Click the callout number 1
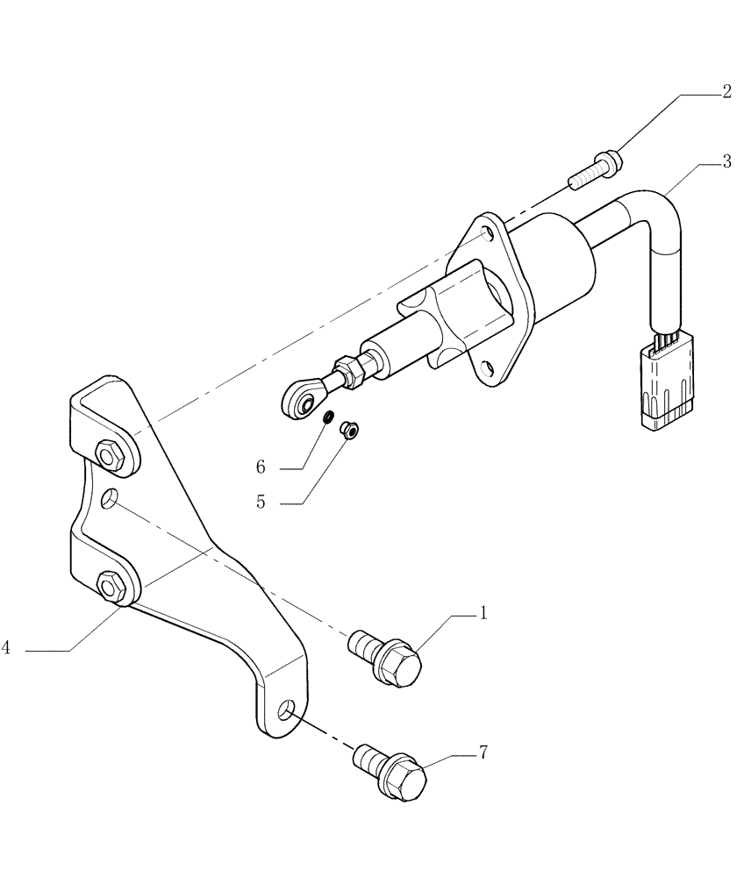[482, 614]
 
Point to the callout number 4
[7, 648]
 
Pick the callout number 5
[261, 503]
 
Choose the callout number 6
[261, 467]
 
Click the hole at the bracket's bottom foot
[284, 709]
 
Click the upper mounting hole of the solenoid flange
[486, 233]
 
